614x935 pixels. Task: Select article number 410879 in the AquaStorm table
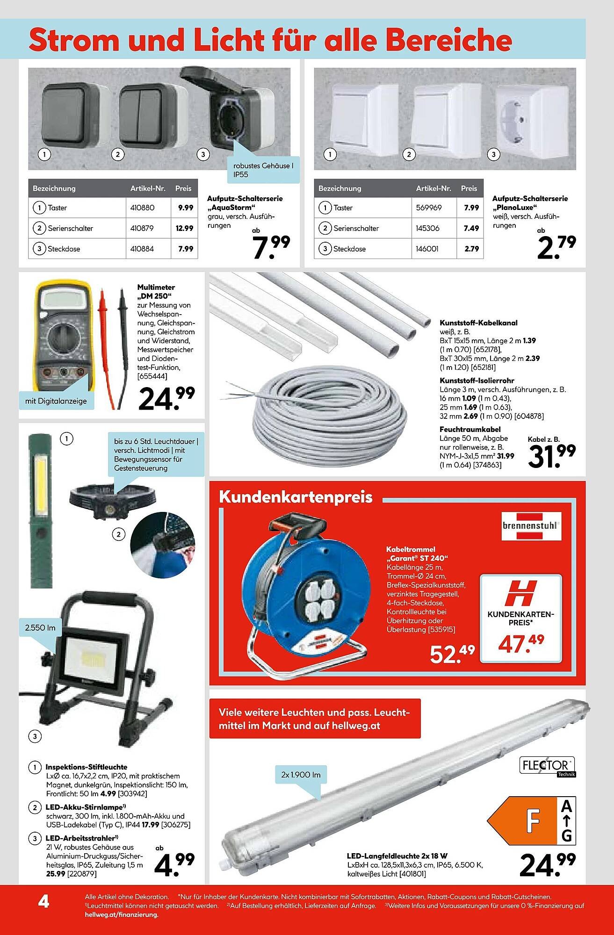coord(142,228)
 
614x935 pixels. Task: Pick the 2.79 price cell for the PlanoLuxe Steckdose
coord(471,249)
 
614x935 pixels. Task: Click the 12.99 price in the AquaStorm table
coord(185,228)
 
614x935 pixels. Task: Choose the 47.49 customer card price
coord(520,643)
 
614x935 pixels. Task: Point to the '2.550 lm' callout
coord(41,627)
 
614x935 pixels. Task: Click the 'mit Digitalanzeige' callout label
coord(56,401)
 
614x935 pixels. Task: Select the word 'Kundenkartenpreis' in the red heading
coord(296,497)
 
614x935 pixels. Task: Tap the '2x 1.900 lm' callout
coord(301,775)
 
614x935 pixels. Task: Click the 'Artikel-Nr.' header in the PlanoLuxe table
coord(433,188)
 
